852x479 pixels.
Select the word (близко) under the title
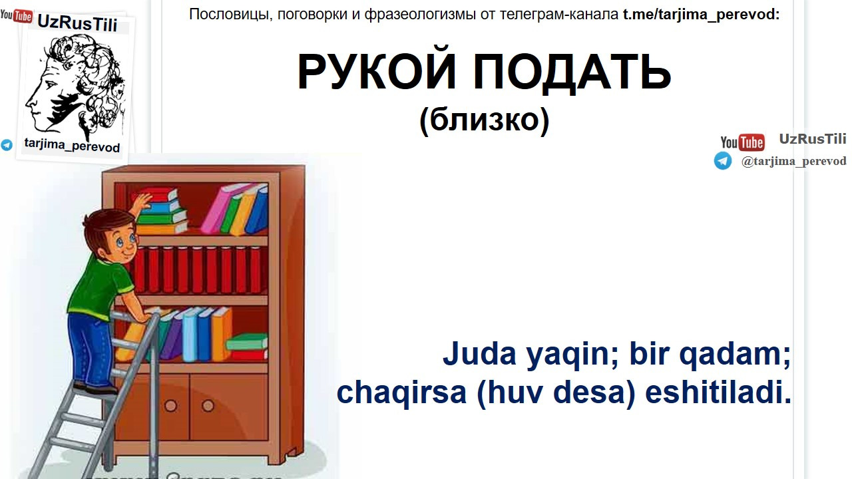[484, 119]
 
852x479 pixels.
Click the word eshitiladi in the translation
[714, 392]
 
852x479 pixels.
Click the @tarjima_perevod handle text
[794, 161]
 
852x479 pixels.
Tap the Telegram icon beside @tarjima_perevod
[723, 160]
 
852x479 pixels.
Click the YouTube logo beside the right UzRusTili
[742, 142]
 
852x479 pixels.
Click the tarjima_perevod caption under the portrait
[72, 146]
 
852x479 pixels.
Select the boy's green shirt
[100, 288]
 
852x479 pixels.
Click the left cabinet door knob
[171, 406]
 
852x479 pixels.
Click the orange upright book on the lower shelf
[222, 334]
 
